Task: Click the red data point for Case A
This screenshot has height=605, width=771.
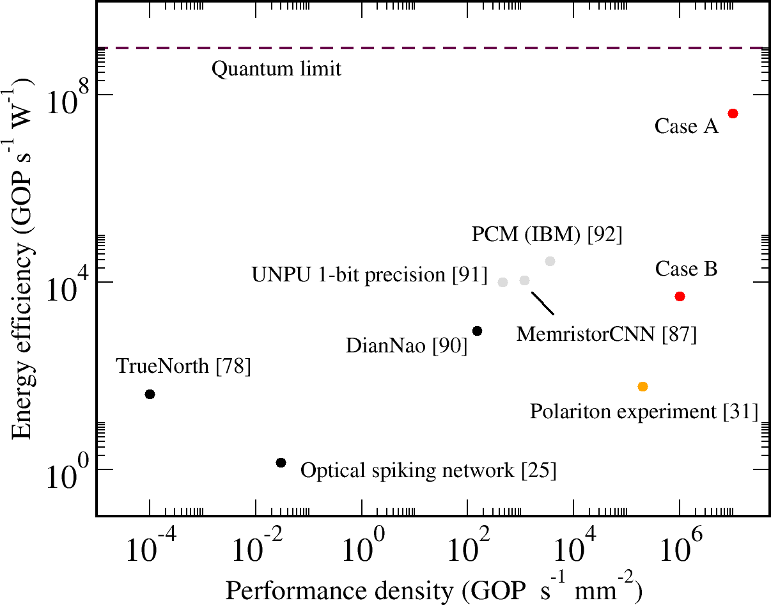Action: [733, 113]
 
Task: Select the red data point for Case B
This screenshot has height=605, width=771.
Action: [680, 296]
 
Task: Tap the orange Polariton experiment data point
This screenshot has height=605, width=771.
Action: [643, 386]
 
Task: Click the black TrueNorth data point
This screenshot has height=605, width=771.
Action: [150, 394]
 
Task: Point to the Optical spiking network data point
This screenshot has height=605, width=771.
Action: [281, 462]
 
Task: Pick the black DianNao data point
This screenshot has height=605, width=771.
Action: [476, 331]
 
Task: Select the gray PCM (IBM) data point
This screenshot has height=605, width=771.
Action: [550, 261]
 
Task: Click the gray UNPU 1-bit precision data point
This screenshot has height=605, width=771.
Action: [502, 282]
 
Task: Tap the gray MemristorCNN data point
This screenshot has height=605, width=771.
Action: [524, 280]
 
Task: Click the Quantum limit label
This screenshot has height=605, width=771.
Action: [276, 68]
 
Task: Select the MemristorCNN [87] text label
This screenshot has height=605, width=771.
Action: [606, 334]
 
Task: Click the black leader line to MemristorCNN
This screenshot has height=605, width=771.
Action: [543, 304]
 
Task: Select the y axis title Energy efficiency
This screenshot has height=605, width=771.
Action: [26, 256]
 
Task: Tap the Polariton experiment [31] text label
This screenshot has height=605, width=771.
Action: [644, 411]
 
